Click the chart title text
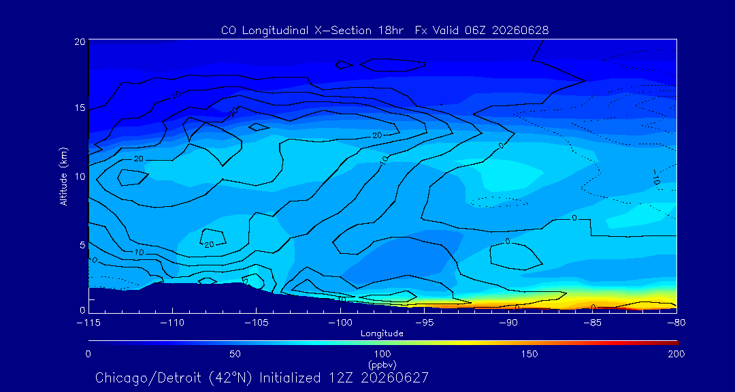(x=385, y=31)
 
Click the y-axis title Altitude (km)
(x=64, y=176)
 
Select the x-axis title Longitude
(x=382, y=334)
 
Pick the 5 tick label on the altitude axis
(x=82, y=245)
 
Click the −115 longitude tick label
(x=89, y=323)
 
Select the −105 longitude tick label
(x=257, y=323)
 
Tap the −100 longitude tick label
(x=340, y=323)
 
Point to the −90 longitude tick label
(x=508, y=323)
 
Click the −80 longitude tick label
(x=676, y=323)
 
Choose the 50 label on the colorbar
(x=235, y=354)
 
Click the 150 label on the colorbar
(x=529, y=354)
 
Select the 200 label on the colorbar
(x=677, y=354)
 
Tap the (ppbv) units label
(x=382, y=363)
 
